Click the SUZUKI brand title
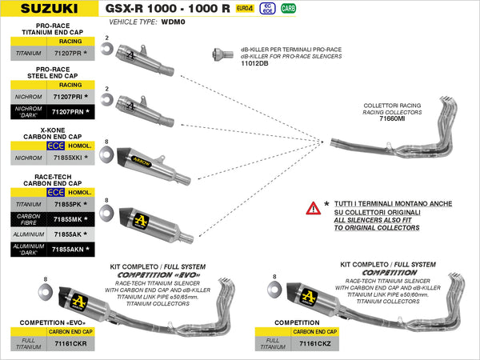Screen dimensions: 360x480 (45, 10)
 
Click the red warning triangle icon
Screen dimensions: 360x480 (313, 209)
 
